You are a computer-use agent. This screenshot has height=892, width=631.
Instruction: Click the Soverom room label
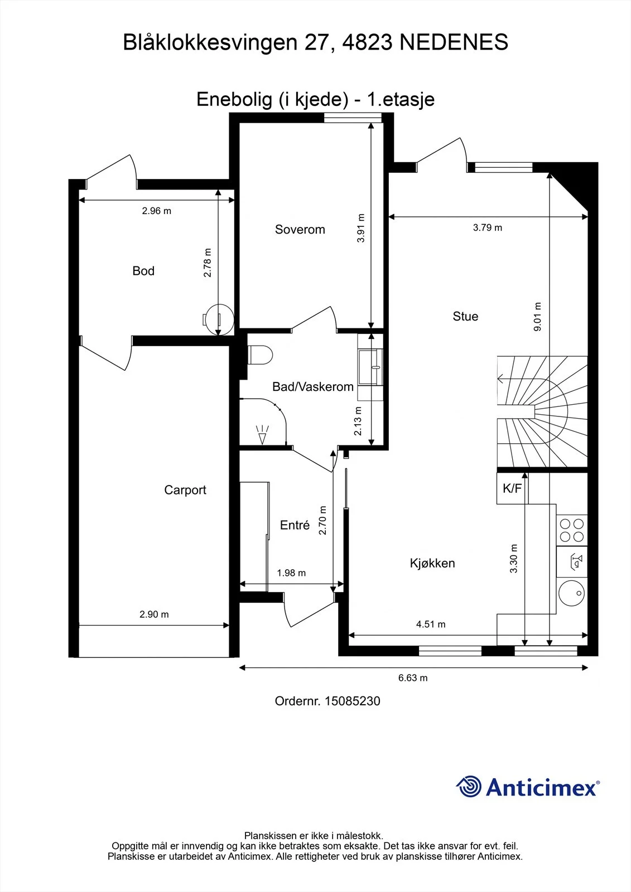[x=300, y=229]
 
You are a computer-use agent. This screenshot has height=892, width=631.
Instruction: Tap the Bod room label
[x=143, y=271]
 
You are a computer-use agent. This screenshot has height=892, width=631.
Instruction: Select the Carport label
[x=185, y=490]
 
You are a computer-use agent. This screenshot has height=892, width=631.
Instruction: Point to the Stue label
[x=465, y=316]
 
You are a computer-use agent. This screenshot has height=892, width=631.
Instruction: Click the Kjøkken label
[x=432, y=563]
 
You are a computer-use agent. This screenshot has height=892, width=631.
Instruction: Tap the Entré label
[x=295, y=525]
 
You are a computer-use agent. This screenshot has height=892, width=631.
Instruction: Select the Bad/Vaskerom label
[x=313, y=387]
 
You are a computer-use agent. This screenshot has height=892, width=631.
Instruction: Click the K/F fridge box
[x=512, y=488]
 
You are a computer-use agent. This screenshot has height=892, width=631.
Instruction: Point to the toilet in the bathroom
[x=260, y=355]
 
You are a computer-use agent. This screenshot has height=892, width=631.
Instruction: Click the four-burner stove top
[x=572, y=530]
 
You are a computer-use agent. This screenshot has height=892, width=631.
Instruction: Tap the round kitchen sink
[x=572, y=593]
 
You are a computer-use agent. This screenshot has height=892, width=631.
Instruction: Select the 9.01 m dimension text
[x=537, y=317]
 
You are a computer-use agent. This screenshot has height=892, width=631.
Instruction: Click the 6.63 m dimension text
[x=413, y=678]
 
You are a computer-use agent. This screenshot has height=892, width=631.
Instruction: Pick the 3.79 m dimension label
[x=488, y=228]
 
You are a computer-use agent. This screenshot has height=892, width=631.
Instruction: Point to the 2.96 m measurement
[x=157, y=211]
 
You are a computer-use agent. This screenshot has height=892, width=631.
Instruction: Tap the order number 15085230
[x=353, y=701]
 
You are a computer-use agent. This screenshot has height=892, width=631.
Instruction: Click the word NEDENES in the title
[x=454, y=42]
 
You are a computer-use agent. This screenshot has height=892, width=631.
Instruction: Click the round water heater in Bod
[x=219, y=319]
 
